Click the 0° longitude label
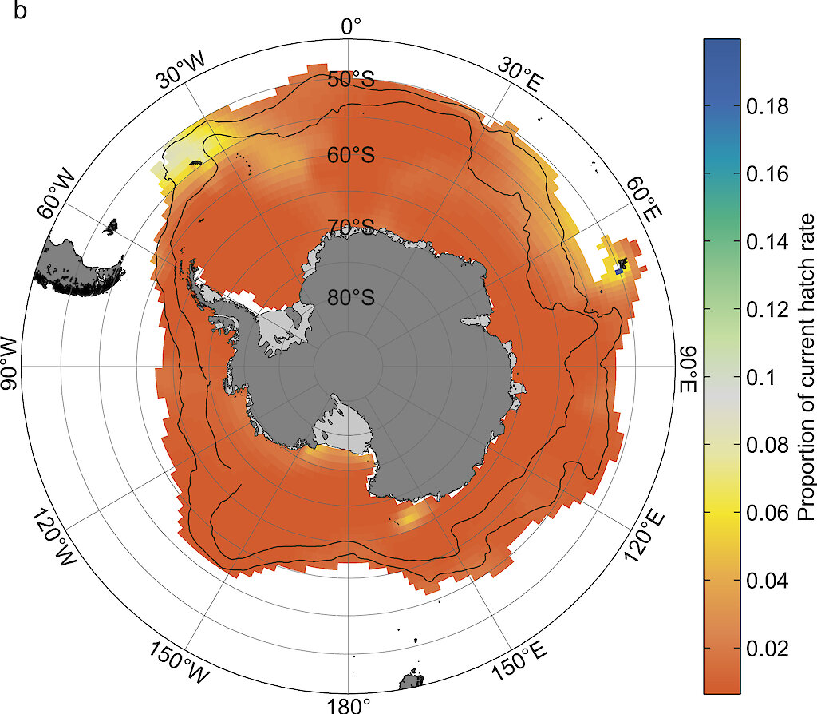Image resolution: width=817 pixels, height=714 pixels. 351,26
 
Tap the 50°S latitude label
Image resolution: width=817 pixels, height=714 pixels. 351,80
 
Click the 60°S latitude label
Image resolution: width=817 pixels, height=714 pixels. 351,155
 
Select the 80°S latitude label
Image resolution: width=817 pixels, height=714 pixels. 351,297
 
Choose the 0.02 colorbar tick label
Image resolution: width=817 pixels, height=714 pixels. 767,648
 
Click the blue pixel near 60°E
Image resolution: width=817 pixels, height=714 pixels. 619,272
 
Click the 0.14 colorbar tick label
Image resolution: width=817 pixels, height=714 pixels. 767,241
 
